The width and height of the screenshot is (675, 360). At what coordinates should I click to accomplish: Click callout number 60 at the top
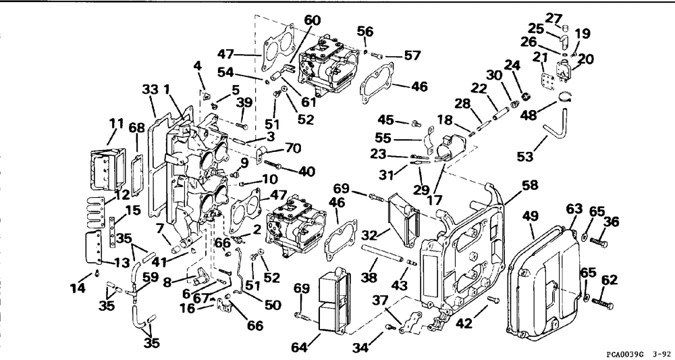[x=313, y=20]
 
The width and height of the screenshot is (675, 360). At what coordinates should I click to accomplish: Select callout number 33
[x=150, y=90]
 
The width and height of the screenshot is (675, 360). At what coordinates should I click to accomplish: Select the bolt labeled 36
[x=599, y=242]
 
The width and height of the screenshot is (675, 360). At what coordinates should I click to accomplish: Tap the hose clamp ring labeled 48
[x=565, y=97]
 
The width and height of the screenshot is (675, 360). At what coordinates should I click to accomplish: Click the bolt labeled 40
[x=274, y=165]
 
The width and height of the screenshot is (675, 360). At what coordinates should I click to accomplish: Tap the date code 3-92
[x=659, y=354]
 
